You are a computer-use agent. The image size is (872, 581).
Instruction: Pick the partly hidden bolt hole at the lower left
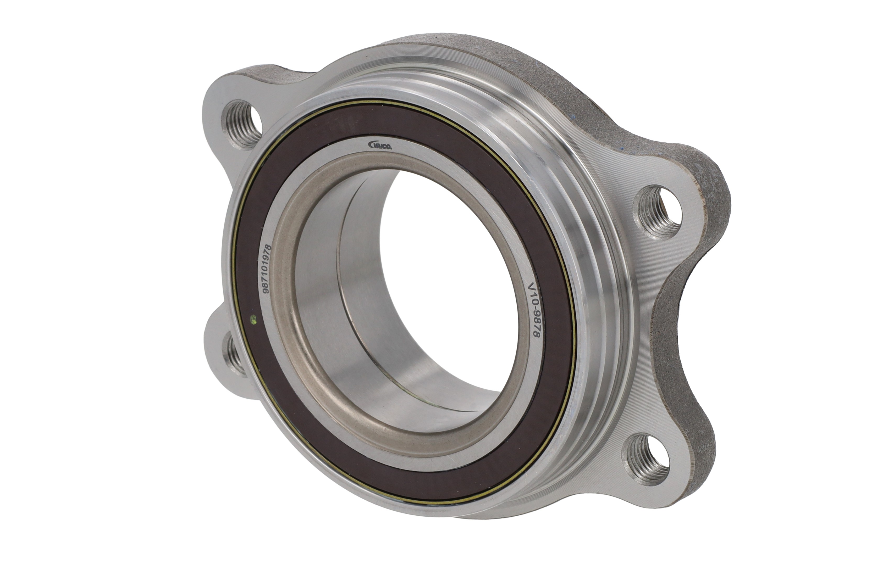235,354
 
